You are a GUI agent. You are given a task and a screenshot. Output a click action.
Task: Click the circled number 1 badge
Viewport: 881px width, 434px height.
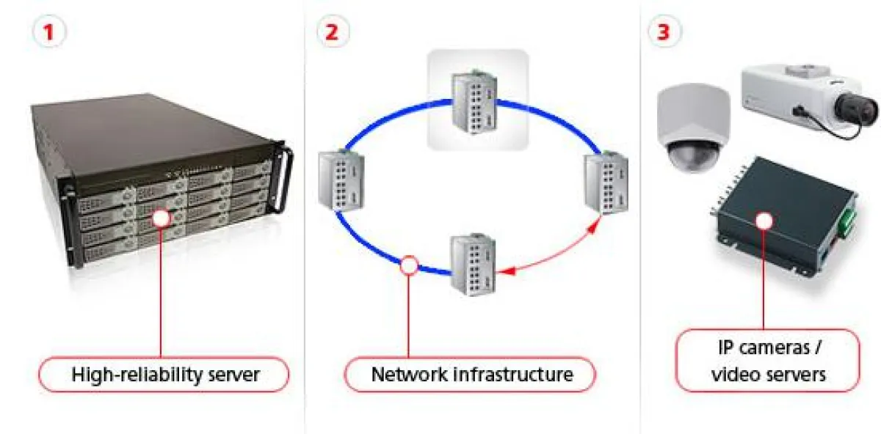(49, 32)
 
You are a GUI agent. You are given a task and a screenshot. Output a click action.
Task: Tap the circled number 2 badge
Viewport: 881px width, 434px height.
(333, 32)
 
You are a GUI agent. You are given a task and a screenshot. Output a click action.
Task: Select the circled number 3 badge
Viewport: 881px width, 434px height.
(664, 32)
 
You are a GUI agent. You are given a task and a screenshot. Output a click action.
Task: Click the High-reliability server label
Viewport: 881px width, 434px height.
(165, 375)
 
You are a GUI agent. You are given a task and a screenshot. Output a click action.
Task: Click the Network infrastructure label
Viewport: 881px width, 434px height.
(471, 375)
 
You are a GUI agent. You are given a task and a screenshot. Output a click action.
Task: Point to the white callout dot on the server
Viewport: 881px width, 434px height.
(160, 218)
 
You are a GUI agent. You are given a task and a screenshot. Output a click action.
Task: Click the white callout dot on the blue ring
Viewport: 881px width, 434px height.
(409, 265)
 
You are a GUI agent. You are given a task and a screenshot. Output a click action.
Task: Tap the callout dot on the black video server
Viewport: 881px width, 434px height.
(765, 220)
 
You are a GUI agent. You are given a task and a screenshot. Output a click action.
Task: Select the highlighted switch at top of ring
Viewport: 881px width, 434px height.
(478, 100)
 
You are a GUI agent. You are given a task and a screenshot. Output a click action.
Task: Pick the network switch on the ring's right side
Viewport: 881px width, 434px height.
(605, 183)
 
